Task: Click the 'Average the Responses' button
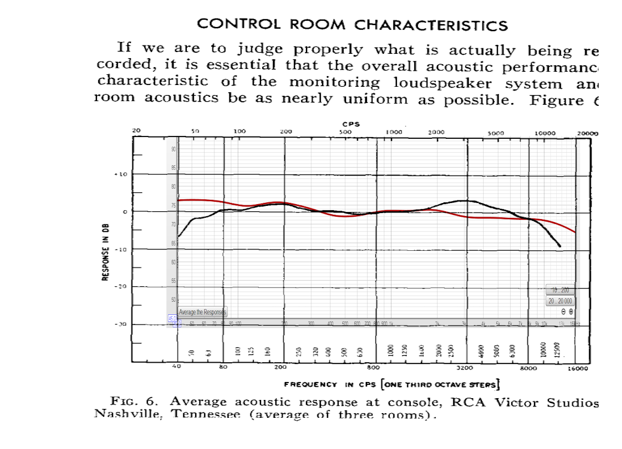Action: (202, 312)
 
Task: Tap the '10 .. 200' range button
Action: (560, 290)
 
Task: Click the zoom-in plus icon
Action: (571, 311)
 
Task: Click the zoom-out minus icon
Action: (563, 311)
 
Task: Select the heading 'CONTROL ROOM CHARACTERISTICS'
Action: (352, 25)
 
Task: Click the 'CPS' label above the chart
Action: (351, 125)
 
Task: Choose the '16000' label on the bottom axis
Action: (578, 369)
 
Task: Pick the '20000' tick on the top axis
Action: (587, 132)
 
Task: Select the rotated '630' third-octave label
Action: (360, 351)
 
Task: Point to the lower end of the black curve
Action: (560, 246)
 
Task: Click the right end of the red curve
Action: (576, 232)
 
